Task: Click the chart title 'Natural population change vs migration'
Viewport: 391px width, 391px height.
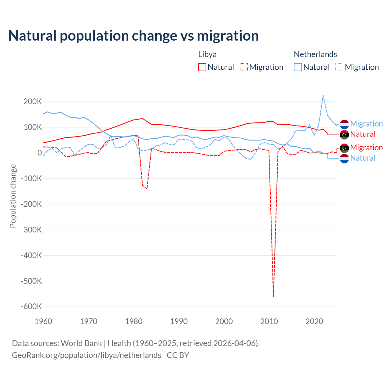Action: point(133,36)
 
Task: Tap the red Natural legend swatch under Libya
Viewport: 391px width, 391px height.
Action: point(202,67)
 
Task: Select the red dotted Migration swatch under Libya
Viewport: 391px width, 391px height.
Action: point(244,67)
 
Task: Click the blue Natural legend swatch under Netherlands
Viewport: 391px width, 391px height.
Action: point(298,67)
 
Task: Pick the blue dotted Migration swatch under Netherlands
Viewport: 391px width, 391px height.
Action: point(339,67)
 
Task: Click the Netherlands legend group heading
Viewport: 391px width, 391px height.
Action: point(315,54)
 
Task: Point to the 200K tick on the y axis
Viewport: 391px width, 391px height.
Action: point(33,102)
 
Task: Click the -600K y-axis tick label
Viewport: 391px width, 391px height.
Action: point(31,307)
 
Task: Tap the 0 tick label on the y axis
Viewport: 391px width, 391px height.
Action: point(40,153)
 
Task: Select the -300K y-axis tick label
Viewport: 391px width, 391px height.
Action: point(31,230)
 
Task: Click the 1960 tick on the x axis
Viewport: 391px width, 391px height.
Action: point(43,321)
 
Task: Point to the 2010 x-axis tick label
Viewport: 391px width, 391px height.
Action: point(269,321)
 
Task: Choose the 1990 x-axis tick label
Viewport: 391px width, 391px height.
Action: point(179,321)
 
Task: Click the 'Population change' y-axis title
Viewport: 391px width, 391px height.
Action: point(13,196)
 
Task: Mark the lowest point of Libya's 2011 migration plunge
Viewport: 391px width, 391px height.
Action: point(273,296)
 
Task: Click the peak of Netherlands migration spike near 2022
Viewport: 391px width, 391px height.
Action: point(323,96)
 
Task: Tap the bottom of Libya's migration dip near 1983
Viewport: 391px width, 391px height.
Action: point(147,189)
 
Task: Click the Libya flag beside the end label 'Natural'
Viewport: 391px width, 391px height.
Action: point(344,134)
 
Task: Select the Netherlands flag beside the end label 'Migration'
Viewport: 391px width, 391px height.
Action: point(344,124)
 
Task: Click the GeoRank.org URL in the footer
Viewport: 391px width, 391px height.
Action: point(86,355)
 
